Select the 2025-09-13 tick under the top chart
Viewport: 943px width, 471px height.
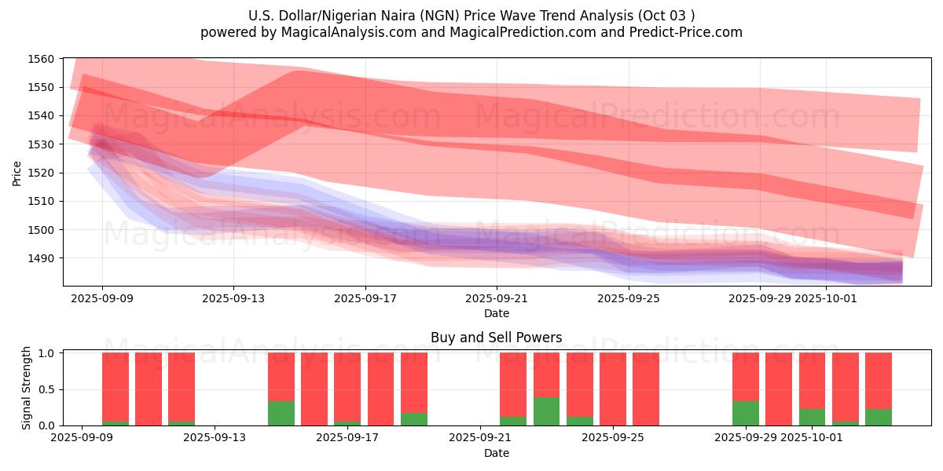[233, 298]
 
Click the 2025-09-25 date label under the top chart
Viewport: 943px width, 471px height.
[628, 298]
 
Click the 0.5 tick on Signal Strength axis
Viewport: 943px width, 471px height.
[47, 389]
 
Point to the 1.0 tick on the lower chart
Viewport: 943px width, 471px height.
[47, 353]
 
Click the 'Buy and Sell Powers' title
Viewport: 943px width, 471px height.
[496, 338]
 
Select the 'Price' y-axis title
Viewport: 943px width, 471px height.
[17, 172]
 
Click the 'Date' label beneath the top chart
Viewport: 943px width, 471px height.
[496, 313]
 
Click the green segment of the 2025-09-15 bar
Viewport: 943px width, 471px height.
[281, 413]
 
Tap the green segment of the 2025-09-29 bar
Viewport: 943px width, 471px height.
[746, 413]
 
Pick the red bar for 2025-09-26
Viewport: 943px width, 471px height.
[646, 389]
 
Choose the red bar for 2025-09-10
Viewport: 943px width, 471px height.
[149, 389]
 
